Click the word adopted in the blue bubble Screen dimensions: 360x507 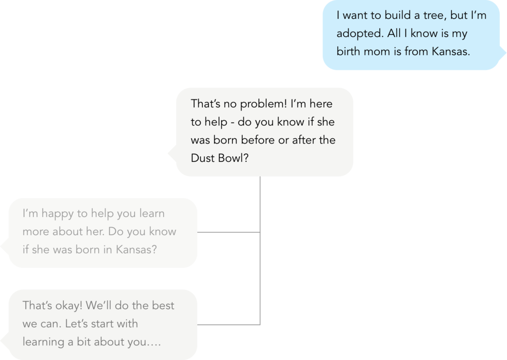tap(356, 34)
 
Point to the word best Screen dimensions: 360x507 tap(162, 306)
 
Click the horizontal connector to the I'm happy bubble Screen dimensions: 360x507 tap(228, 233)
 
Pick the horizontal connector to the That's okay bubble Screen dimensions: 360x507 tap(228, 324)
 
